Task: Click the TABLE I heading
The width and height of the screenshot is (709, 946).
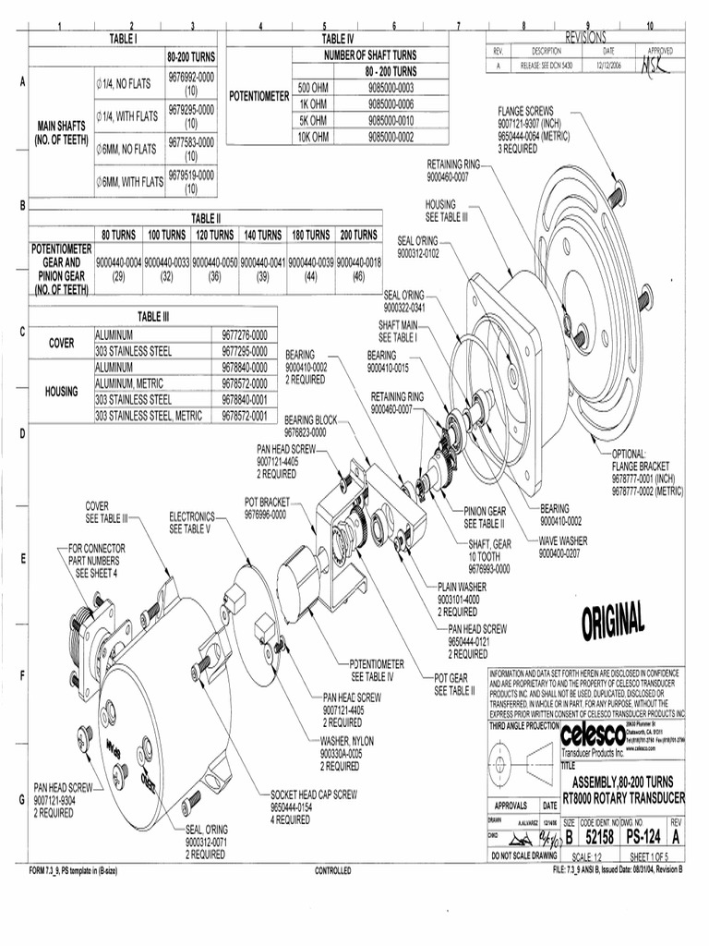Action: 123,39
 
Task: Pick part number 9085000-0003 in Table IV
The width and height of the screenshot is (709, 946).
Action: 391,87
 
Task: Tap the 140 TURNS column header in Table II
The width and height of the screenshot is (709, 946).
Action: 263,235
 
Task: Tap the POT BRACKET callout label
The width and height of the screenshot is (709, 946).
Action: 267,501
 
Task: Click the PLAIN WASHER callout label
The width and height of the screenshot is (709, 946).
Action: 462,587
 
